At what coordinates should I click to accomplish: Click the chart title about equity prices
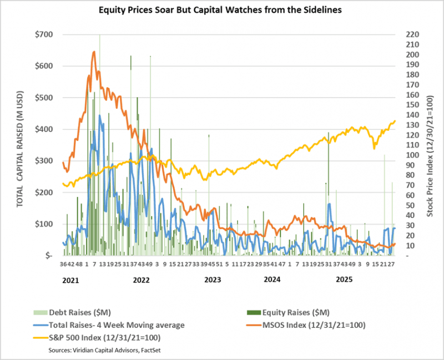point(221,10)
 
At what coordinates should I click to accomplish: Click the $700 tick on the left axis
point(44,34)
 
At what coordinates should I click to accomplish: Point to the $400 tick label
point(44,129)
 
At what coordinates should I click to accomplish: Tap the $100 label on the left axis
point(44,224)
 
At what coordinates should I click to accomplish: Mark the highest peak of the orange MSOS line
point(94,52)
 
